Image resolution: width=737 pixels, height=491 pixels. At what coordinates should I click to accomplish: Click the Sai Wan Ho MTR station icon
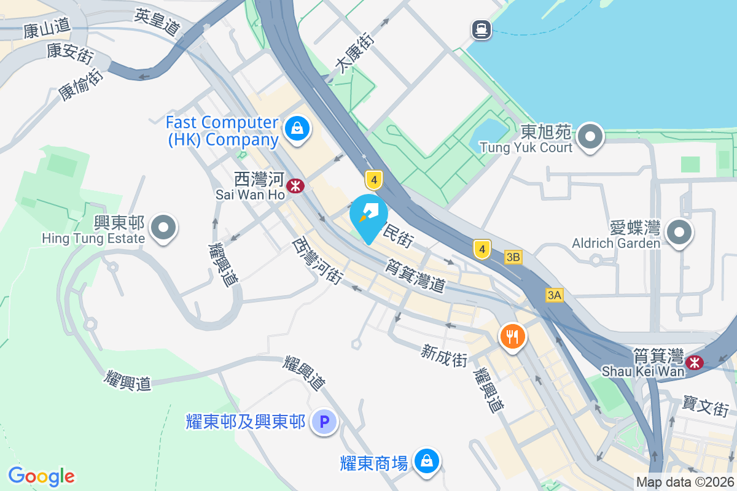296,185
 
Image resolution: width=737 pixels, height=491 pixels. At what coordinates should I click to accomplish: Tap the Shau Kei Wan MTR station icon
695,362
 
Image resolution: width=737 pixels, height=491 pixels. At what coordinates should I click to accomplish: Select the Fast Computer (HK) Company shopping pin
297,129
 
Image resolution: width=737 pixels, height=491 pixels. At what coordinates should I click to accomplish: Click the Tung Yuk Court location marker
591,136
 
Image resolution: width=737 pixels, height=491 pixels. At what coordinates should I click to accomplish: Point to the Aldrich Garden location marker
679,233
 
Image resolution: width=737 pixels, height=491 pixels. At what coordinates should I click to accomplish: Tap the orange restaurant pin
512,336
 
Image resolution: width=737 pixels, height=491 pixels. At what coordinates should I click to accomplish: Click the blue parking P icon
325,422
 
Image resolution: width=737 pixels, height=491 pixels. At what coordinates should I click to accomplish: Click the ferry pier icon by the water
480,28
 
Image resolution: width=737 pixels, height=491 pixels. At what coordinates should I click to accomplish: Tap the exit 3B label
513,257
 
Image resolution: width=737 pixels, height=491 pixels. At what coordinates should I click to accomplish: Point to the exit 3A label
554,295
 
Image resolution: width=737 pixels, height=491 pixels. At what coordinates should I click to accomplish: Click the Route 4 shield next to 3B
482,249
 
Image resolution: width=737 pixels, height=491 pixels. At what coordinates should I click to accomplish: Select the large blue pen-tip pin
368,217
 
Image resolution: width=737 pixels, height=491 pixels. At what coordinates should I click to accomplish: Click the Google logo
41,476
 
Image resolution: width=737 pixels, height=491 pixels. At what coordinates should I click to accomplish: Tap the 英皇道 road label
159,23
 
